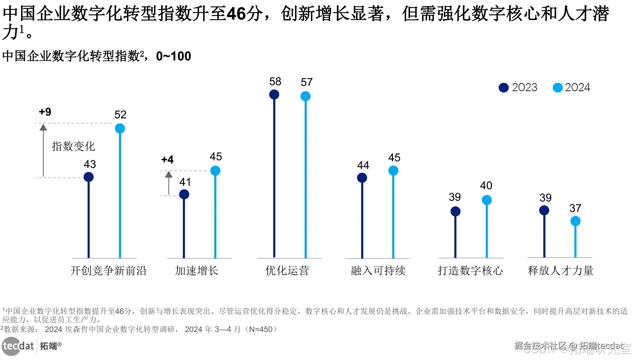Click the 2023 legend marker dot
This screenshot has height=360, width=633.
click(504, 88)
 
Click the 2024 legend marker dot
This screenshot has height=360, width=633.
click(558, 88)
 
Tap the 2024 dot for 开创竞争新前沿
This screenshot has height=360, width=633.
click(120, 128)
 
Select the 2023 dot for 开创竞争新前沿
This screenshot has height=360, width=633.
click(89, 177)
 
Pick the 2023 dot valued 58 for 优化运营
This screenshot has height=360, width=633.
click(274, 94)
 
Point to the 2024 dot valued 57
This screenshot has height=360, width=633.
click(305, 96)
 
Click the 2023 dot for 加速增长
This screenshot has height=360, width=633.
click(184, 194)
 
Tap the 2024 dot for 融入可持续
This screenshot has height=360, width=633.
click(393, 170)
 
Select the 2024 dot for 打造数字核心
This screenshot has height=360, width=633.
click(487, 200)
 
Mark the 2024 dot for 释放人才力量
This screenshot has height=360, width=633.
click(575, 221)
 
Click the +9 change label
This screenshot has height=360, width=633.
click(45, 112)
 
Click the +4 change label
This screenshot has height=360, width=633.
click(167, 160)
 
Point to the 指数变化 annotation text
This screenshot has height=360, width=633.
click(73, 146)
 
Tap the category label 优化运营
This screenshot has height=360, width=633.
click(287, 271)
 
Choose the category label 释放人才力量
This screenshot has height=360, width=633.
click(560, 271)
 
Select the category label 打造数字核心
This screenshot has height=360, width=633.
click(470, 271)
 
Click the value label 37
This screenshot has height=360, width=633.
click(575, 208)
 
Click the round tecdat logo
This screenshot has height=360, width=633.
click(10, 346)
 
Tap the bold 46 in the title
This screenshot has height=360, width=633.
click(236, 14)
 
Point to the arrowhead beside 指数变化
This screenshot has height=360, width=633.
click(43, 127)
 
